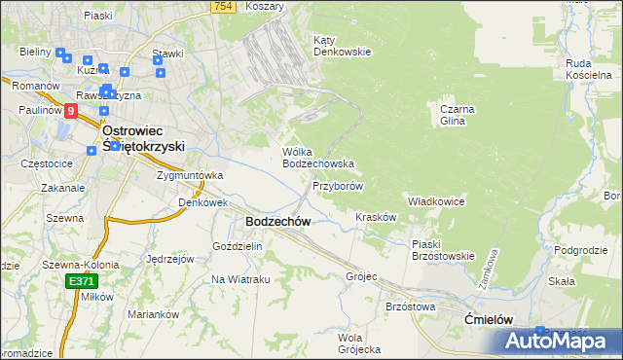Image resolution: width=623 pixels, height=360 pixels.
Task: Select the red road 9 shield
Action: [71, 112]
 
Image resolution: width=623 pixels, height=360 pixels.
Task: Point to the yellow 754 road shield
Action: [224, 7]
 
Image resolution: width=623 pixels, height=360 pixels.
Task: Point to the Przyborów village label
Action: [338, 185]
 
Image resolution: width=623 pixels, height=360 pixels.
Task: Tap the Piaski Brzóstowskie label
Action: [442, 250]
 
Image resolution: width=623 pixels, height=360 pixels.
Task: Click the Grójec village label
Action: [360, 276]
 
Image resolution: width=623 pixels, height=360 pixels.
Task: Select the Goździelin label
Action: [238, 246]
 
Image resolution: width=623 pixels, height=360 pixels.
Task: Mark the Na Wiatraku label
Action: [240, 279]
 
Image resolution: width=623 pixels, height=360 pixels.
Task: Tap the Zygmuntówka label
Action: [190, 175]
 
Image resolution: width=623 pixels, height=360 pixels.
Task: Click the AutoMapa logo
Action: [562, 341]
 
